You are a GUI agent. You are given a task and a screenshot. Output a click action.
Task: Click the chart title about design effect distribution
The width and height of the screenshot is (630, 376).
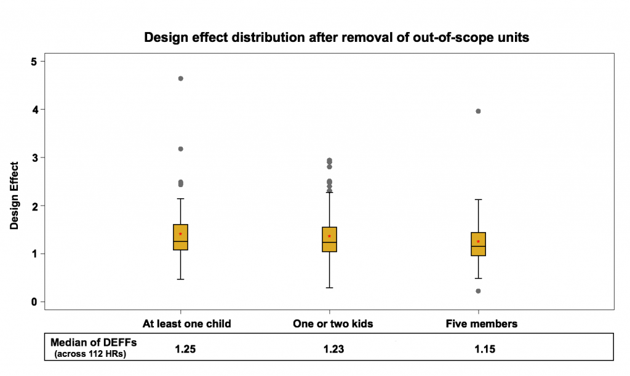(x=337, y=38)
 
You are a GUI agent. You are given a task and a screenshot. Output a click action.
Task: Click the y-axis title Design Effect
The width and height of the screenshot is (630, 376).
(x=14, y=195)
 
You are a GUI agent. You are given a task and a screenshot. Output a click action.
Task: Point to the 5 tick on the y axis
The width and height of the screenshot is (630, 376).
(x=34, y=62)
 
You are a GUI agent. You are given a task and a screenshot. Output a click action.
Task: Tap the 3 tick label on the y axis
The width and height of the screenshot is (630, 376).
(x=34, y=158)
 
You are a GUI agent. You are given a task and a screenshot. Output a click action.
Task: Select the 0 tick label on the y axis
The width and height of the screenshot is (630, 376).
(x=34, y=302)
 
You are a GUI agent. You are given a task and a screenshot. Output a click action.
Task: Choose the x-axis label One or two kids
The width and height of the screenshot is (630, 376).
(x=333, y=324)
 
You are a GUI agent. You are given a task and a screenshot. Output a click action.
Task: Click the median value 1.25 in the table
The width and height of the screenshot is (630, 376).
(x=186, y=349)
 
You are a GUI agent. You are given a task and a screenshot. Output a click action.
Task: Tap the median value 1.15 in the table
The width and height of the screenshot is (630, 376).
(x=484, y=349)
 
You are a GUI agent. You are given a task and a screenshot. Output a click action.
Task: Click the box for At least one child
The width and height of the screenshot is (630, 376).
(x=180, y=237)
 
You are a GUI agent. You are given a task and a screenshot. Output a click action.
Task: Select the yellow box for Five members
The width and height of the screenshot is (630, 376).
(x=478, y=244)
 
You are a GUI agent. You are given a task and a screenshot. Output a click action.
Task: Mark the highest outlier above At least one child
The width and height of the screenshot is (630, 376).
(x=180, y=79)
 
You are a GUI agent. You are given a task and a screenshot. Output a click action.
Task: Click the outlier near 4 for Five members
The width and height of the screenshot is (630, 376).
(x=478, y=111)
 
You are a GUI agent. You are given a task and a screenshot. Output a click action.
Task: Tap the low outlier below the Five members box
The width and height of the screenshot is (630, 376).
(x=478, y=291)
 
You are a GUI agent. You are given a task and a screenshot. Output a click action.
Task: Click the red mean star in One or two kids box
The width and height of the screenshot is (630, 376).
(x=330, y=236)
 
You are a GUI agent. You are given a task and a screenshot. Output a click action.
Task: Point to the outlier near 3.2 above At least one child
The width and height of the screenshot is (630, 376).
(x=180, y=149)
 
